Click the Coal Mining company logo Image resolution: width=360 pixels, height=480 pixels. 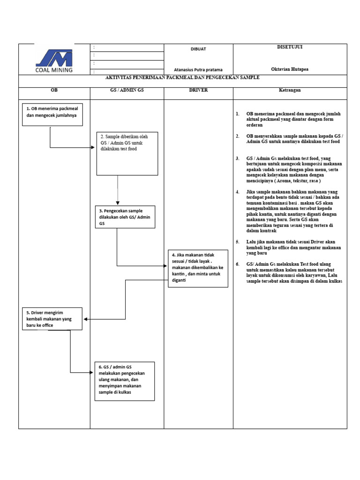coord(54,60)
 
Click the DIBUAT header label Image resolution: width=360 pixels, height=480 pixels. coord(198,49)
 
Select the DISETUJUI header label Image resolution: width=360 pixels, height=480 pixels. coord(290,47)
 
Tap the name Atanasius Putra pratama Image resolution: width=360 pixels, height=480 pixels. coord(198,69)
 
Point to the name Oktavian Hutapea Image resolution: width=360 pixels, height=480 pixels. coord(290,69)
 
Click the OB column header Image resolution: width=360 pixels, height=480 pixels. coord(54,90)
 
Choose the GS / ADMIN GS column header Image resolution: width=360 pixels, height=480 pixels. coord(127,90)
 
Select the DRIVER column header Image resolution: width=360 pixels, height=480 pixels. coord(198,90)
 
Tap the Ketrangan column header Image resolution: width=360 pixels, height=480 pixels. coord(290,90)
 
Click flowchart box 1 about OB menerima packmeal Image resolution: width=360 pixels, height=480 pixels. coord(52,114)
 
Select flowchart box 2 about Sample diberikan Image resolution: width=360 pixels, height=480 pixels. coord(127,153)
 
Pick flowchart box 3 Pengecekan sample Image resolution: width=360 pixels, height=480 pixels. coord(126,217)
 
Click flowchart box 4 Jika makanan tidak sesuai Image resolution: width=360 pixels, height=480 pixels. coord(198,268)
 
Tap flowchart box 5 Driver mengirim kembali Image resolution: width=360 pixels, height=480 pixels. coord(52,319)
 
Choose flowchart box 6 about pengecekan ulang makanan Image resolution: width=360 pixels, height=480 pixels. coord(124,381)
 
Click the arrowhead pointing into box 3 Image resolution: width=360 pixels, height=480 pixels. coord(118,202)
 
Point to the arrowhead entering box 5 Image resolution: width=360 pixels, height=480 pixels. coord(86,319)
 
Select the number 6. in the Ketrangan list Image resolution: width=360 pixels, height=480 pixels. coord(238,264)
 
